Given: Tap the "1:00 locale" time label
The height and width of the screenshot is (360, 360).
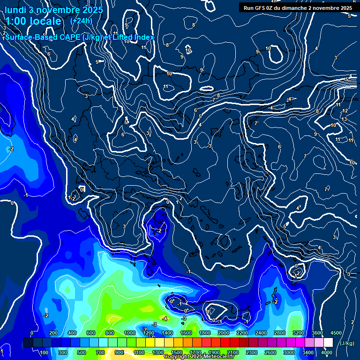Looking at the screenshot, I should (x=33, y=21).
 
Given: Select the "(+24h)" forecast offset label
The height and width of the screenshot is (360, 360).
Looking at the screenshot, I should (x=81, y=21).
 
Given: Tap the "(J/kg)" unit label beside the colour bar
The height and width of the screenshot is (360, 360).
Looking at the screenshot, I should (x=346, y=343).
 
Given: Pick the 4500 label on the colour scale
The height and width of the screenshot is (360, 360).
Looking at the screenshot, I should (x=336, y=333).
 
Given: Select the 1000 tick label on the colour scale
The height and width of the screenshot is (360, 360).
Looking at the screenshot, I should (x=129, y=333).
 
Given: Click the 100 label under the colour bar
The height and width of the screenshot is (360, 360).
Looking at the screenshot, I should (x=44, y=352).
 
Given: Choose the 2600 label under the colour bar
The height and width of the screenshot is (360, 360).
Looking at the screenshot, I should (x=270, y=352).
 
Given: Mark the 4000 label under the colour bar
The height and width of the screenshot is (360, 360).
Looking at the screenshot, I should (x=327, y=352).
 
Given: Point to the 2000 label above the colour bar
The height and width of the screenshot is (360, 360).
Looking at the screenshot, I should (x=224, y=333).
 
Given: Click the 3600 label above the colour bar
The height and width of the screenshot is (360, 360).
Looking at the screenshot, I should (x=317, y=333).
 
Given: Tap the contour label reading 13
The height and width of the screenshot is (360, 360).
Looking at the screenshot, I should (x=344, y=119).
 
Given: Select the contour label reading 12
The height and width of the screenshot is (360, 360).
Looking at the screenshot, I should (x=345, y=111).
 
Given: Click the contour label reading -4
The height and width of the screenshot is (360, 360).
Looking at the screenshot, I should (x=165, y=319).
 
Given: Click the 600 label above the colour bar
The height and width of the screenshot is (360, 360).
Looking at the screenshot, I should (x=91, y=333).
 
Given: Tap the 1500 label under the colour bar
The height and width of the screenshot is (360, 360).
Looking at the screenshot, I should (x=177, y=352).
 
